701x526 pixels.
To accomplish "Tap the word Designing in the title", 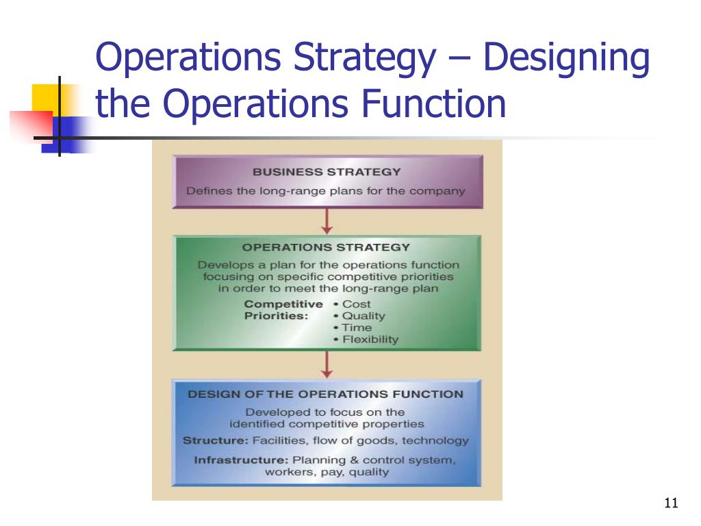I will [x=566, y=60].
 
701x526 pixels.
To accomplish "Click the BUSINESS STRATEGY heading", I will [x=327, y=172].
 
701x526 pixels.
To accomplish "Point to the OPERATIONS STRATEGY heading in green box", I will [x=327, y=247].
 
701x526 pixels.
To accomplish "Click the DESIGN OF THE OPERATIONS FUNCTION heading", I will [x=325, y=394].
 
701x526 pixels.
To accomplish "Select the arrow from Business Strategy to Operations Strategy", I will [x=327, y=221].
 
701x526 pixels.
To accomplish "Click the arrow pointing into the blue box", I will [x=327, y=365].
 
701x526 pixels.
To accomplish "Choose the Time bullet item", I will [x=357, y=328].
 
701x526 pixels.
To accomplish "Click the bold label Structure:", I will [x=216, y=441].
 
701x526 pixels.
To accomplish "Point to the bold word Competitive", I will [x=283, y=304].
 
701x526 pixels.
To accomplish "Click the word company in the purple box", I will [x=437, y=190].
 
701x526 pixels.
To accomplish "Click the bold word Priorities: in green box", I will [x=276, y=316].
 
